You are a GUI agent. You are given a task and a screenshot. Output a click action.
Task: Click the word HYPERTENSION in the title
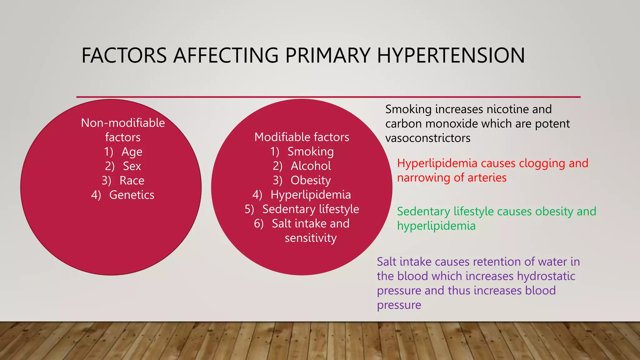pos(451,56)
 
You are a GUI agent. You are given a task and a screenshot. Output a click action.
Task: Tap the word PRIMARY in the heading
pos(327,56)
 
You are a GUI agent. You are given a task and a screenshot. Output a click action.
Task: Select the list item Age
pos(132,152)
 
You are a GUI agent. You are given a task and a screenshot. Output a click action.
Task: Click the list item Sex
pos(132,166)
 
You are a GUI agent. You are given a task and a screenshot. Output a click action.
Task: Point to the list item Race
pos(132,181)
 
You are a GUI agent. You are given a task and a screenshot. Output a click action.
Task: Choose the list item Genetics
pos(132,195)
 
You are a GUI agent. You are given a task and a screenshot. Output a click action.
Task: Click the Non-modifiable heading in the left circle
pos(123,123)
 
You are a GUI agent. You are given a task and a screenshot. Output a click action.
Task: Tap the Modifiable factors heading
pos(302,137)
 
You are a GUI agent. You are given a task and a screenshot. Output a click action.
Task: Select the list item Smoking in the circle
pos(311,152)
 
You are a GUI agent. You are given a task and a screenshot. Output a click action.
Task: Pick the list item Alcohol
pos(311,166)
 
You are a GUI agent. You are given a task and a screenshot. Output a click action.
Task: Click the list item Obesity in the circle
pos(311,180)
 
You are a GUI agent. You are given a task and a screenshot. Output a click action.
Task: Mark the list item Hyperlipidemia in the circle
pos(311,195)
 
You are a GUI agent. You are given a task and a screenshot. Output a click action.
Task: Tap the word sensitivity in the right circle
pos(311,238)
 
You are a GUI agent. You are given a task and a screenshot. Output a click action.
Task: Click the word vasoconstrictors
pos(428,138)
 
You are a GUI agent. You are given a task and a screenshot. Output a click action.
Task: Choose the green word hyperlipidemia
pos(436,226)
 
